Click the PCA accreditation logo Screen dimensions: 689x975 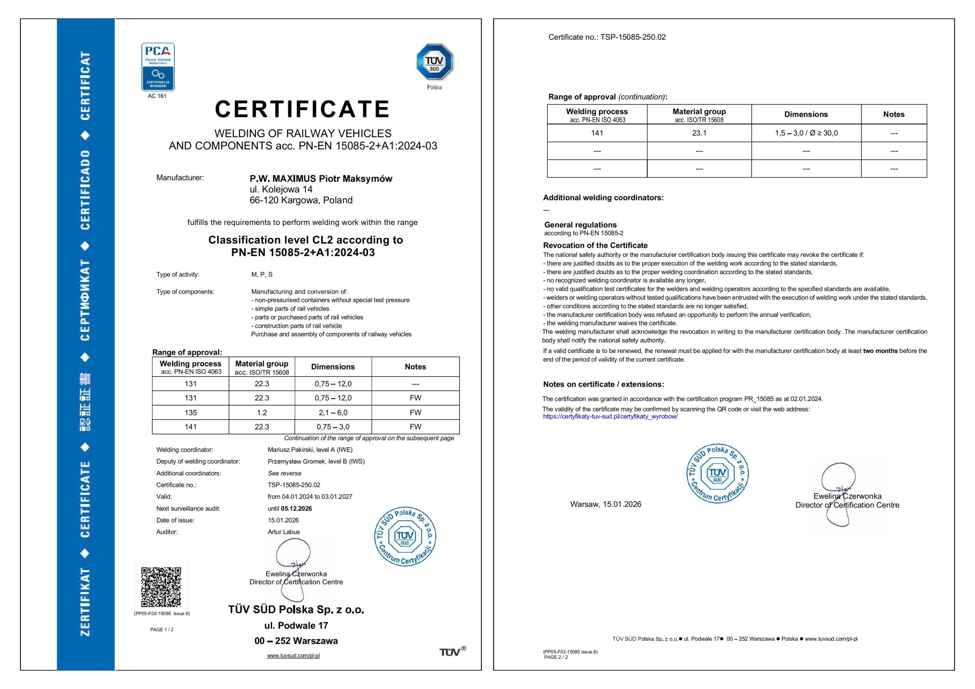pyautogui.click(x=158, y=67)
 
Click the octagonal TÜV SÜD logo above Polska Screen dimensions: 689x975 pyautogui.click(x=434, y=62)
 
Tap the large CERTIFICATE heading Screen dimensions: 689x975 pyautogui.click(x=302, y=109)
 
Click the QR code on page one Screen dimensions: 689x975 pyautogui.click(x=161, y=587)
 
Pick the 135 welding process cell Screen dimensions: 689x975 pyautogui.click(x=190, y=412)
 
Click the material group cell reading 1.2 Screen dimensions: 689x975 pyautogui.click(x=262, y=412)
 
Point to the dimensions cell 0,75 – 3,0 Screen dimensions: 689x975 pyautogui.click(x=333, y=427)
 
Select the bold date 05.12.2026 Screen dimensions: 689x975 pyautogui.click(x=296, y=509)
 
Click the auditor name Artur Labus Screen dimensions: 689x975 pyautogui.click(x=284, y=532)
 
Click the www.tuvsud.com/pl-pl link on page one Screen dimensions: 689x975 pyautogui.click(x=293, y=656)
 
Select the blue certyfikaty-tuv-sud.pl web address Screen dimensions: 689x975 pyautogui.click(x=610, y=416)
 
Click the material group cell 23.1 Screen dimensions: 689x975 pyautogui.click(x=699, y=133)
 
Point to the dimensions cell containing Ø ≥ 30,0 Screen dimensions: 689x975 pyautogui.click(x=806, y=133)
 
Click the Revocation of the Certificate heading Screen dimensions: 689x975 pyautogui.click(x=595, y=246)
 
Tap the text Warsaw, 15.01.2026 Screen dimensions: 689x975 pyautogui.click(x=606, y=504)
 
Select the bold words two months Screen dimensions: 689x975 pyautogui.click(x=880, y=351)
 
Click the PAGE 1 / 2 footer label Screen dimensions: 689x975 pyautogui.click(x=162, y=630)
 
